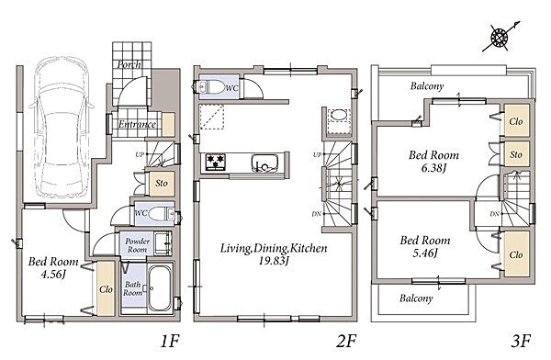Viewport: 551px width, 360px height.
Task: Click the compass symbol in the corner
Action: tap(500, 37)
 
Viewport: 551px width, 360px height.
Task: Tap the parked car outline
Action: tap(62, 127)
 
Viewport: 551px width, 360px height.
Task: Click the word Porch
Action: tap(129, 64)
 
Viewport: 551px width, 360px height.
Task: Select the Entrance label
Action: tap(137, 124)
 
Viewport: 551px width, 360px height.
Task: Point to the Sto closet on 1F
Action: tap(162, 183)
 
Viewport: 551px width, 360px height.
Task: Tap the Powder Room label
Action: tap(138, 245)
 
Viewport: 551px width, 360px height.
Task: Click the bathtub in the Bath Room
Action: tap(160, 288)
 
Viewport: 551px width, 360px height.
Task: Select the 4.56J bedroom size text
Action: tap(53, 275)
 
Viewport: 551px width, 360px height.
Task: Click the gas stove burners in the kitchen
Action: tap(215, 163)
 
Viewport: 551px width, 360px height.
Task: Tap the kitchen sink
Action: tap(265, 163)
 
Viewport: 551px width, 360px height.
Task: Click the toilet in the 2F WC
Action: tap(212, 86)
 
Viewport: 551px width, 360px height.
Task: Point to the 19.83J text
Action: tap(274, 261)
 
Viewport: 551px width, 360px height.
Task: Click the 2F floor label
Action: tap(346, 341)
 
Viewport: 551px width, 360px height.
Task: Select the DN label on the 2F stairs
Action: tap(317, 213)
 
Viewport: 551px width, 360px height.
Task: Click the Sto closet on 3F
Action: tap(516, 154)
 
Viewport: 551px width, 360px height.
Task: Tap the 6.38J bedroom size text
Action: tap(433, 168)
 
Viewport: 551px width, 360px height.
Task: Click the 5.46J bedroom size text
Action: tap(425, 253)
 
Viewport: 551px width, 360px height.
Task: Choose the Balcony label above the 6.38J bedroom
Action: tap(427, 86)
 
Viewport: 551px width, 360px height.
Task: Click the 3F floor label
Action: tap(521, 341)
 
